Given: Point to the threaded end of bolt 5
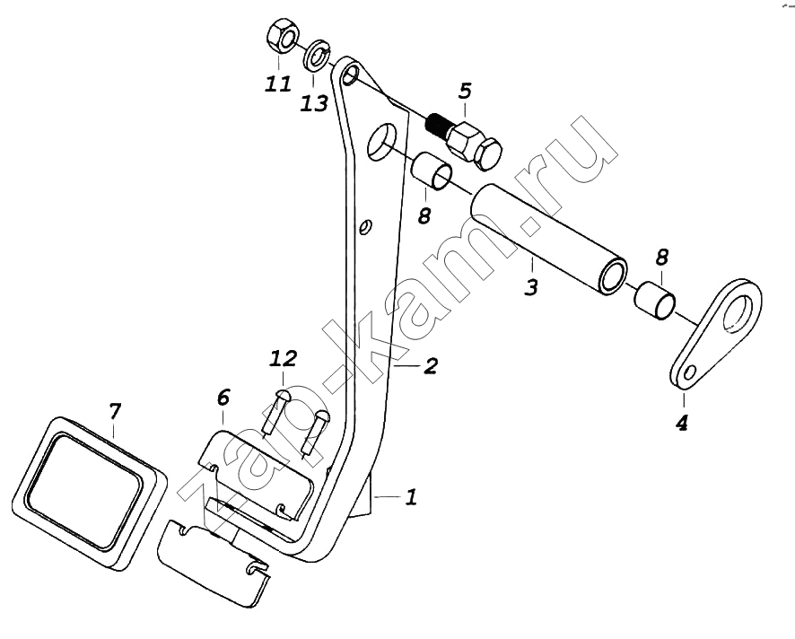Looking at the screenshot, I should pos(437,123).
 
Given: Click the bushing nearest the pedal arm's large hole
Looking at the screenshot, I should pos(431,171).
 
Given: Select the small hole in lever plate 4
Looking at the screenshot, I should pos(688,372).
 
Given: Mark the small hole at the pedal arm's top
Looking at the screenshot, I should pos(351,73).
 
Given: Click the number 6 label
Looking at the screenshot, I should pos(223,398).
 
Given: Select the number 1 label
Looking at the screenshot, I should pos(410,496).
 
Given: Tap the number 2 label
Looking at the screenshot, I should pos(431,366).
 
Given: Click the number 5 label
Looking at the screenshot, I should pos(464,92).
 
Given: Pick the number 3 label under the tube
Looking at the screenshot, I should pos(531,289).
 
